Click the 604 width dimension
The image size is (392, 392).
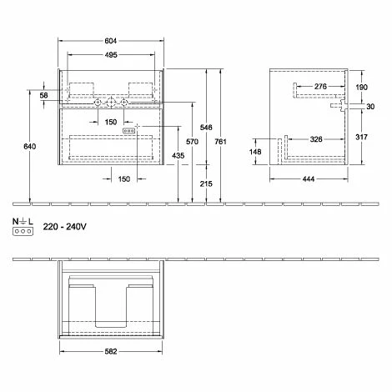coord(111,41)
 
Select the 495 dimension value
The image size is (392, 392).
coord(111,55)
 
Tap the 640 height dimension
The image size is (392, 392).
coord(29,146)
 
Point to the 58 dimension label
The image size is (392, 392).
coord(43,95)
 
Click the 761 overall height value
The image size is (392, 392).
coord(220,142)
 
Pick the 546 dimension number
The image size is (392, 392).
coord(206,128)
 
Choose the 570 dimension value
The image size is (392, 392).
coord(192,142)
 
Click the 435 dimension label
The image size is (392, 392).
coord(178,155)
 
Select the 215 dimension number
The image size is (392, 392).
coord(206,183)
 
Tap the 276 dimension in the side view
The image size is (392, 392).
coord(320,87)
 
